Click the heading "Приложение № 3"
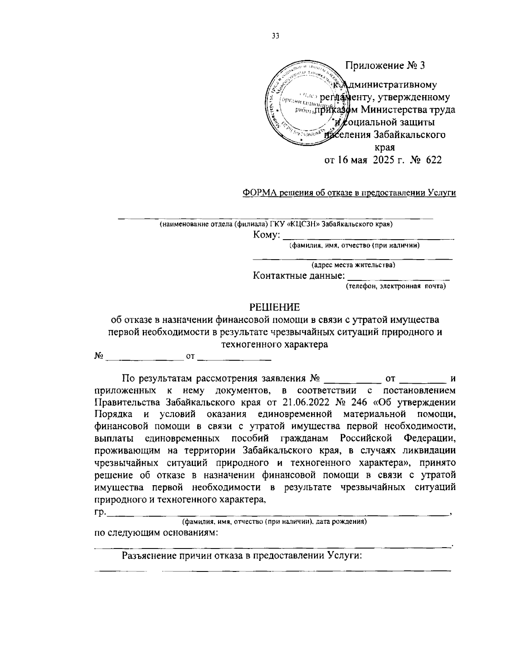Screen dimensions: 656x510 [x=385, y=65]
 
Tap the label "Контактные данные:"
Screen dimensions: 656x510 [x=299, y=276]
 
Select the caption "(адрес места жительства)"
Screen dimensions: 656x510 [x=353, y=266]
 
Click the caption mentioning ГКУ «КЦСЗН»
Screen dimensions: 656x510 [x=276, y=224]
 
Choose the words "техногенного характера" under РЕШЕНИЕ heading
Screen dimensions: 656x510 [x=275, y=344]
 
